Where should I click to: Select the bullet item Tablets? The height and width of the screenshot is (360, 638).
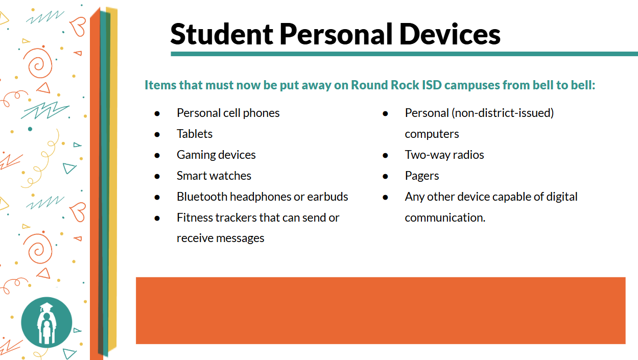195,134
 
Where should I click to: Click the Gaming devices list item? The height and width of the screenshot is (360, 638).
216,155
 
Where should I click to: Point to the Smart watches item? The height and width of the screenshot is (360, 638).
214,176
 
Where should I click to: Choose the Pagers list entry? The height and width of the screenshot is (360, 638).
422,176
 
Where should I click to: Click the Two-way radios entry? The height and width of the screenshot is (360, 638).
444,155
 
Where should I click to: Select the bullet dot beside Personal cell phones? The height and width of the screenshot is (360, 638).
157,113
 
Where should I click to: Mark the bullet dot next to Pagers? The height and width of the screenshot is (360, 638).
386,176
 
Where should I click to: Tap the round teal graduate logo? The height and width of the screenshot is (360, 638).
46,323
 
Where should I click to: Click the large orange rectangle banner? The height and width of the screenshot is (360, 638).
381,310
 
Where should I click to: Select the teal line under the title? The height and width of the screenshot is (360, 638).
404,54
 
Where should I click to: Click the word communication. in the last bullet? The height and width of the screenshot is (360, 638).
445,218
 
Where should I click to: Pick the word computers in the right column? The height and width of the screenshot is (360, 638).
432,134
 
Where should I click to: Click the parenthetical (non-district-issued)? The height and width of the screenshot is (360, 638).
503,113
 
